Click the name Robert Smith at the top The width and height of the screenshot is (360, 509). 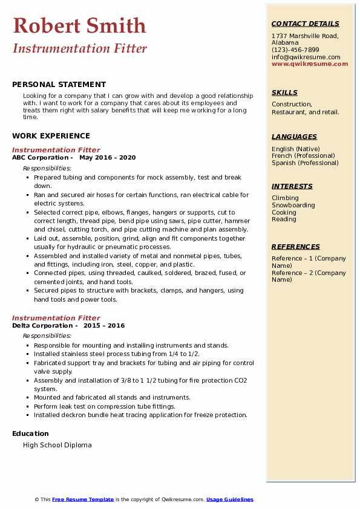point(79,25)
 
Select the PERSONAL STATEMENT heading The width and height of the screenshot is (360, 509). point(59,85)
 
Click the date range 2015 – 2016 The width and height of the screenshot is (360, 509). point(104,325)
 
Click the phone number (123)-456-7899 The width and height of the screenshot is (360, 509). point(295,50)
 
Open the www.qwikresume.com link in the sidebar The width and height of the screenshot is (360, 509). point(310,63)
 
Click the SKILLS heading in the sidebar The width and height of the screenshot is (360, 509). point(284,92)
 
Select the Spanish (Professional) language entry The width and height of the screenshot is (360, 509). point(305,163)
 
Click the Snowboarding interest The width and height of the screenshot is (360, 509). point(293,205)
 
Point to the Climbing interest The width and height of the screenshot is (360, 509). point(285,198)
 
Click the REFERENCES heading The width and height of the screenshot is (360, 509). point(296,247)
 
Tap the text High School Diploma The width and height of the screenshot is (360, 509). point(57,445)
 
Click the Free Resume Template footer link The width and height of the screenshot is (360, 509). point(83,499)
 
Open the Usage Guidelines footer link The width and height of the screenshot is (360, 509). point(230,499)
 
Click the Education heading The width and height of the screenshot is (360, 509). point(30,433)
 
